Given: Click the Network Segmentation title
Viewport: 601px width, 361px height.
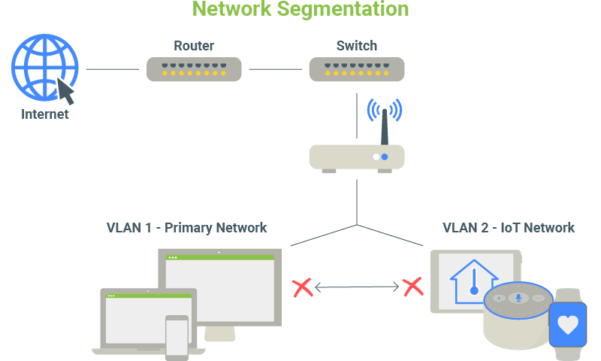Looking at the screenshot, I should pyautogui.click(x=300, y=9).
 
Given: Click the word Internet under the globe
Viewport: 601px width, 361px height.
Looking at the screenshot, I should pyautogui.click(x=45, y=115).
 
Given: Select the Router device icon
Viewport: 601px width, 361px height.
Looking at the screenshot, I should pyautogui.click(x=194, y=70).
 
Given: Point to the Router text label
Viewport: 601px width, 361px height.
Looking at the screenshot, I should pyautogui.click(x=194, y=46).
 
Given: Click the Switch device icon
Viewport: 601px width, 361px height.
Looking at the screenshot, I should pyautogui.click(x=357, y=70).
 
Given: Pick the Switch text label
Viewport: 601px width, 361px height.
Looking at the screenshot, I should pyautogui.click(x=357, y=46).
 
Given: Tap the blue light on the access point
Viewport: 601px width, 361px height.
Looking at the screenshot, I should pyautogui.click(x=385, y=157).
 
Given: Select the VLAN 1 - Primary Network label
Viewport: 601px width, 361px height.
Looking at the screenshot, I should pyautogui.click(x=186, y=227).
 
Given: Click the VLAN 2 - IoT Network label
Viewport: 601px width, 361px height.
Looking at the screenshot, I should pyautogui.click(x=508, y=227).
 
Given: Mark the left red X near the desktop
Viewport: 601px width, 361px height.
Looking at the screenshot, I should pyautogui.click(x=302, y=287).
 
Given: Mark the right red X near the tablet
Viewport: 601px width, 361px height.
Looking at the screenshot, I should pyautogui.click(x=412, y=287).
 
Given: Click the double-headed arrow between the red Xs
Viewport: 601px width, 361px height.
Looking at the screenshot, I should pyautogui.click(x=357, y=287).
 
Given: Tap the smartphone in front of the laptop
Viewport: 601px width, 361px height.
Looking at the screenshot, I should pyautogui.click(x=177, y=337).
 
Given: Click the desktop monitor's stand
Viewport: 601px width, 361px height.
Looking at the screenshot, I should pyautogui.click(x=219, y=333).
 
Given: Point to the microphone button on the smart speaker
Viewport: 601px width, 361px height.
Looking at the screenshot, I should pyautogui.click(x=517, y=298).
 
